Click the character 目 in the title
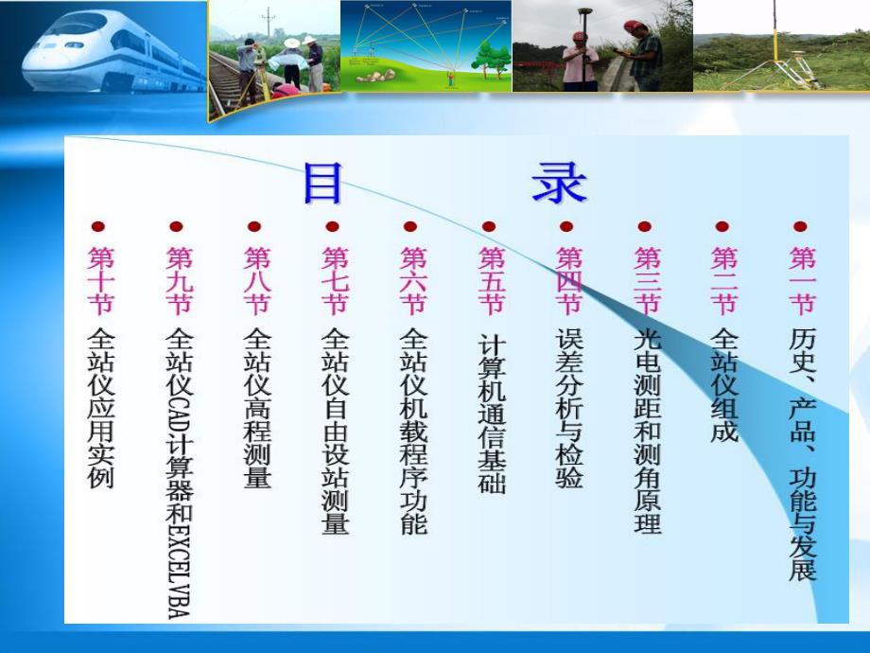[x=322, y=183]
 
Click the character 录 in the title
[x=559, y=183]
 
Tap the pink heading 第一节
[x=802, y=280]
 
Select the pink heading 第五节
[x=492, y=280]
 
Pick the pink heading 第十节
[x=99, y=280]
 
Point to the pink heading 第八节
[x=257, y=280]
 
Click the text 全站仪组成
[x=723, y=386]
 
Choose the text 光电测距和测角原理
[x=647, y=431]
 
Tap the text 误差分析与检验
[x=569, y=408]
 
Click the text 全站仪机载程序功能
[x=413, y=431]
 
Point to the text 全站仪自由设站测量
[x=336, y=431]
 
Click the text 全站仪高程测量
[x=257, y=408]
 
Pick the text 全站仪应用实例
[x=99, y=408]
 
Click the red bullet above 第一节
[x=801, y=226]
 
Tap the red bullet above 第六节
[x=410, y=226]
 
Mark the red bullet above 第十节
[x=97, y=226]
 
